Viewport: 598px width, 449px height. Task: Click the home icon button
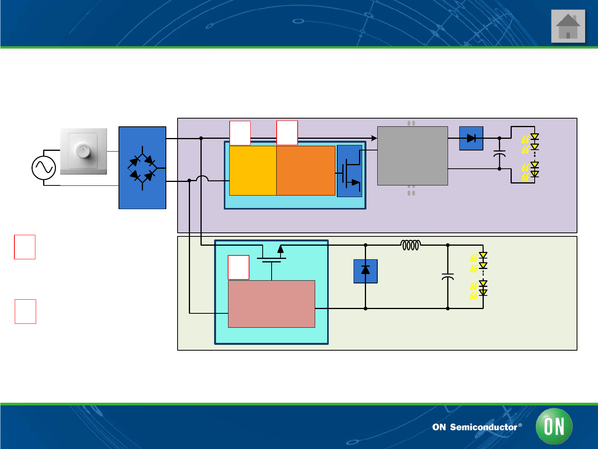pyautogui.click(x=568, y=26)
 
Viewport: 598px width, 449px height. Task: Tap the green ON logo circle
pyautogui.click(x=554, y=426)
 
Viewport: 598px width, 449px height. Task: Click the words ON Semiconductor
pyautogui.click(x=474, y=427)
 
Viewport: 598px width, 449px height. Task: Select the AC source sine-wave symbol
pyautogui.click(x=44, y=168)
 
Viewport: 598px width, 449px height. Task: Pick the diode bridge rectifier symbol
pyautogui.click(x=142, y=168)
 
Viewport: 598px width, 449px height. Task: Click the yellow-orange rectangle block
pyautogui.click(x=253, y=170)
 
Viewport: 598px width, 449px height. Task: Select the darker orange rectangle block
pyautogui.click(x=306, y=170)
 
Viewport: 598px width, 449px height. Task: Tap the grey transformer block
pyautogui.click(x=412, y=155)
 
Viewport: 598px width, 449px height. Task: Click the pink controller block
pyautogui.click(x=271, y=304)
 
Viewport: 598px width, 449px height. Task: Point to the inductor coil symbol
pyautogui.click(x=410, y=245)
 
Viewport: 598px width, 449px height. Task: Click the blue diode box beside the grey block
pyautogui.click(x=471, y=138)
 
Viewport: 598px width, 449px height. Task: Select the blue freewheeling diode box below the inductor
pyautogui.click(x=365, y=271)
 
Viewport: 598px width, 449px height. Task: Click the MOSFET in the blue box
pyautogui.click(x=349, y=171)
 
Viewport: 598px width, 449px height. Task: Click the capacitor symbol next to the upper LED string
pyautogui.click(x=499, y=153)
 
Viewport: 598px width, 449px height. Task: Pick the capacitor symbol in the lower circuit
pyautogui.click(x=448, y=276)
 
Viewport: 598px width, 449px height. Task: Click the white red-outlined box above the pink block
pyautogui.click(x=238, y=267)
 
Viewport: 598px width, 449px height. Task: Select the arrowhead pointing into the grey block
pyautogui.click(x=374, y=138)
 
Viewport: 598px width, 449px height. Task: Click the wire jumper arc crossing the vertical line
pyautogui.click(x=202, y=178)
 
